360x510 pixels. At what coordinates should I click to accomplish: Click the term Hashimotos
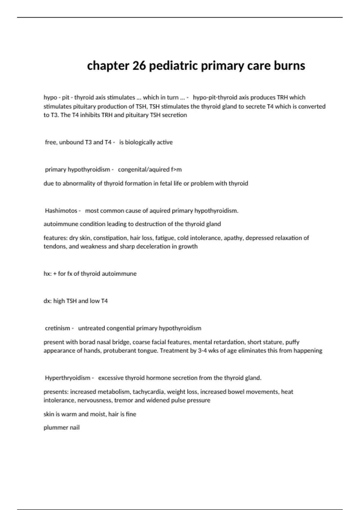(61, 211)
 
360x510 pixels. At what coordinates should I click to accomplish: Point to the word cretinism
(58, 328)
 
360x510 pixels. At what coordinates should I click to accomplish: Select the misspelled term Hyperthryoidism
(67, 378)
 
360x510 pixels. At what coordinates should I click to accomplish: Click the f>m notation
(176, 169)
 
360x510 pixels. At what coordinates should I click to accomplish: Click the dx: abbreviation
(48, 301)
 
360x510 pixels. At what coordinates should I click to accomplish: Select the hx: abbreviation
(47, 274)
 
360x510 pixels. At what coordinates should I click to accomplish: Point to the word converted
(313, 106)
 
